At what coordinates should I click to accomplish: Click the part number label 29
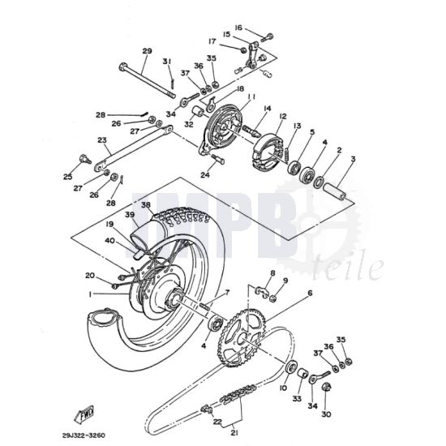point(147,51)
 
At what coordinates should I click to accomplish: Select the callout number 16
point(238,28)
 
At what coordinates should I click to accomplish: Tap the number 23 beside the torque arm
point(79,139)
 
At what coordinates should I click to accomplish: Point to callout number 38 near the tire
point(146,206)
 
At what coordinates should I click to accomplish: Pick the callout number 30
point(327,414)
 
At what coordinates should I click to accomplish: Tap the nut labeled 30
point(326,397)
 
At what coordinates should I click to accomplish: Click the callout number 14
point(266,109)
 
